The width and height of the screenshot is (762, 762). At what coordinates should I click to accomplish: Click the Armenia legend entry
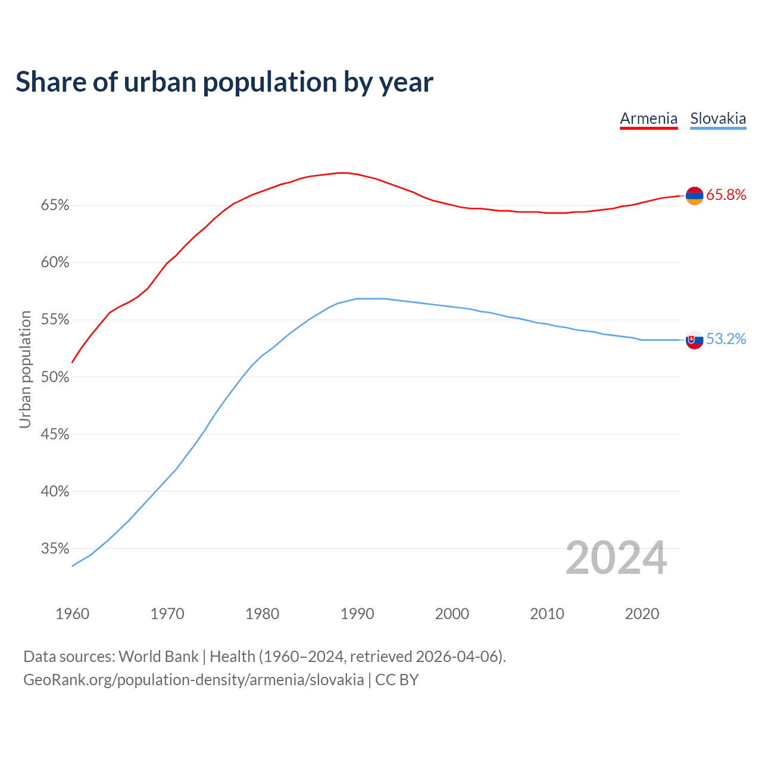tap(648, 118)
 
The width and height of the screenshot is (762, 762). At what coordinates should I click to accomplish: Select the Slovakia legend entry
tap(718, 118)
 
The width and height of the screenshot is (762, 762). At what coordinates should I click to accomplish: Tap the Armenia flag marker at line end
tap(695, 195)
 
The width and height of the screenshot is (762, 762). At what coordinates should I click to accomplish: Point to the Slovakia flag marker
tap(695, 340)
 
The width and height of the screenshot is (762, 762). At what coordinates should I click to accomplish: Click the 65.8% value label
tap(726, 195)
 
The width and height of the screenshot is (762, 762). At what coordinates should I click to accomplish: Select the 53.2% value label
tap(726, 339)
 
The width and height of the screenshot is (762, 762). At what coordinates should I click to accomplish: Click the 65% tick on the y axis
tap(55, 205)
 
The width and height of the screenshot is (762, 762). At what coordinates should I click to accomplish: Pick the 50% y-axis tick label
tap(55, 377)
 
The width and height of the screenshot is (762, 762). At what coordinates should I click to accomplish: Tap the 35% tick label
tap(55, 548)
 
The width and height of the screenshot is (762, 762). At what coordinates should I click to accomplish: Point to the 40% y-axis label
tap(55, 491)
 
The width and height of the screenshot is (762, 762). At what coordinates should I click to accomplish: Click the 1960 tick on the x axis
tap(73, 614)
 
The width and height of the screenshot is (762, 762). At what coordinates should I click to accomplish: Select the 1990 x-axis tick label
tap(357, 614)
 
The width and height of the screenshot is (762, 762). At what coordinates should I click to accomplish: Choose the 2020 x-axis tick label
tap(642, 614)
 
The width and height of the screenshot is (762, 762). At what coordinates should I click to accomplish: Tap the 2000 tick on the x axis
tap(452, 614)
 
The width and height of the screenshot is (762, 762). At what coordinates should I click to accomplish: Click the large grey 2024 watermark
tap(616, 558)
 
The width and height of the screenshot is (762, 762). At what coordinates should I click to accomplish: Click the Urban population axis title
tap(25, 369)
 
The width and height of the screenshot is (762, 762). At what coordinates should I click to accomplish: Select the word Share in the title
tap(51, 82)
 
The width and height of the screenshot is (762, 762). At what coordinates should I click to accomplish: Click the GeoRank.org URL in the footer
tap(193, 679)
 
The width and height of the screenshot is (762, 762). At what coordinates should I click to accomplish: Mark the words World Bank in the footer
tap(159, 656)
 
